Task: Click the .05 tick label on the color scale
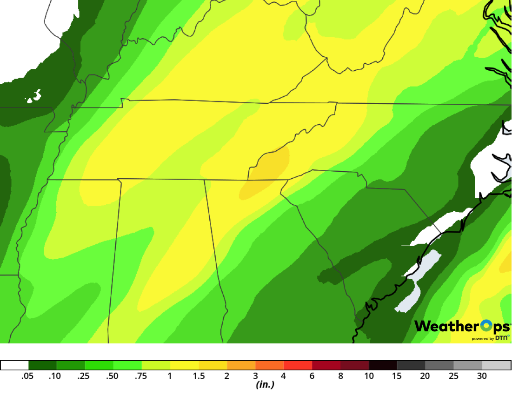point(28,376)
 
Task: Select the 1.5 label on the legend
point(199,376)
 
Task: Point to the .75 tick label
point(141,376)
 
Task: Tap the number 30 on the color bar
point(482,376)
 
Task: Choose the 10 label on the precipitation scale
point(369,376)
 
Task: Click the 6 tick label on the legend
point(312,376)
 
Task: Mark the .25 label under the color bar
point(84,376)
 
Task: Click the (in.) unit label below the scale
point(265,385)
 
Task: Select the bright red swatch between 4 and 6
point(298,365)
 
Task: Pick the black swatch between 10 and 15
point(383,365)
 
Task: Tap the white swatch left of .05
point(14,365)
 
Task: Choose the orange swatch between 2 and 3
point(241,365)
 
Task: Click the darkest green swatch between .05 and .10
point(42,365)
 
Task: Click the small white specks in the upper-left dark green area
point(34,97)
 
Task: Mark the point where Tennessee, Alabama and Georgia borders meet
point(248,180)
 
